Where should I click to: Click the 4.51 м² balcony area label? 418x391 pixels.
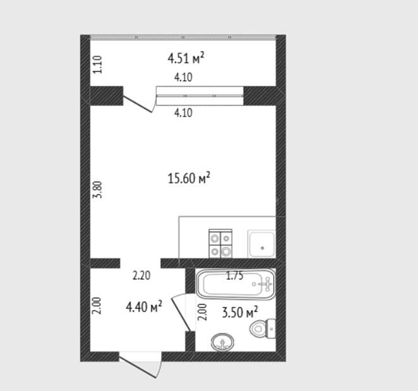tap(186, 58)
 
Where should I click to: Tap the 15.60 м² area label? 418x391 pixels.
tap(189, 178)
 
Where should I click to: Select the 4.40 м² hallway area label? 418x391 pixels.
tap(144, 307)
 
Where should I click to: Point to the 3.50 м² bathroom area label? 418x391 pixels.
tap(240, 312)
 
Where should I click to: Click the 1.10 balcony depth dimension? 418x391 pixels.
tap(97, 64)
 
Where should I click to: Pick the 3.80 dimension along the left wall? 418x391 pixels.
tap(97, 189)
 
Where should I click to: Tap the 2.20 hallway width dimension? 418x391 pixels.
tap(141, 275)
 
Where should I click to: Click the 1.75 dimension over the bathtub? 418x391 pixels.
tap(235, 276)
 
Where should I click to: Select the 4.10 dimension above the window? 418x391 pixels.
tap(183, 77)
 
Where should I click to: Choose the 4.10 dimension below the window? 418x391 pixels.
tap(183, 112)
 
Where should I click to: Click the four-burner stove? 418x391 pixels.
tap(220, 244)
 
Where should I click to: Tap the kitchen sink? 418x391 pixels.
tap(261, 244)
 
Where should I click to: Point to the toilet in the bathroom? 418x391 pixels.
tap(263, 328)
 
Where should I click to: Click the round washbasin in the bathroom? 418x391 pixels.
tap(222, 342)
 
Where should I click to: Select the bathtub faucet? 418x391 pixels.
tap(266, 284)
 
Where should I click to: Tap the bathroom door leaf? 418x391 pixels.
tap(181, 314)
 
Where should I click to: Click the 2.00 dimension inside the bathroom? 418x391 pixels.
tap(203, 312)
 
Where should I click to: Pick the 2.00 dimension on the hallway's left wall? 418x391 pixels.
tap(97, 306)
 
